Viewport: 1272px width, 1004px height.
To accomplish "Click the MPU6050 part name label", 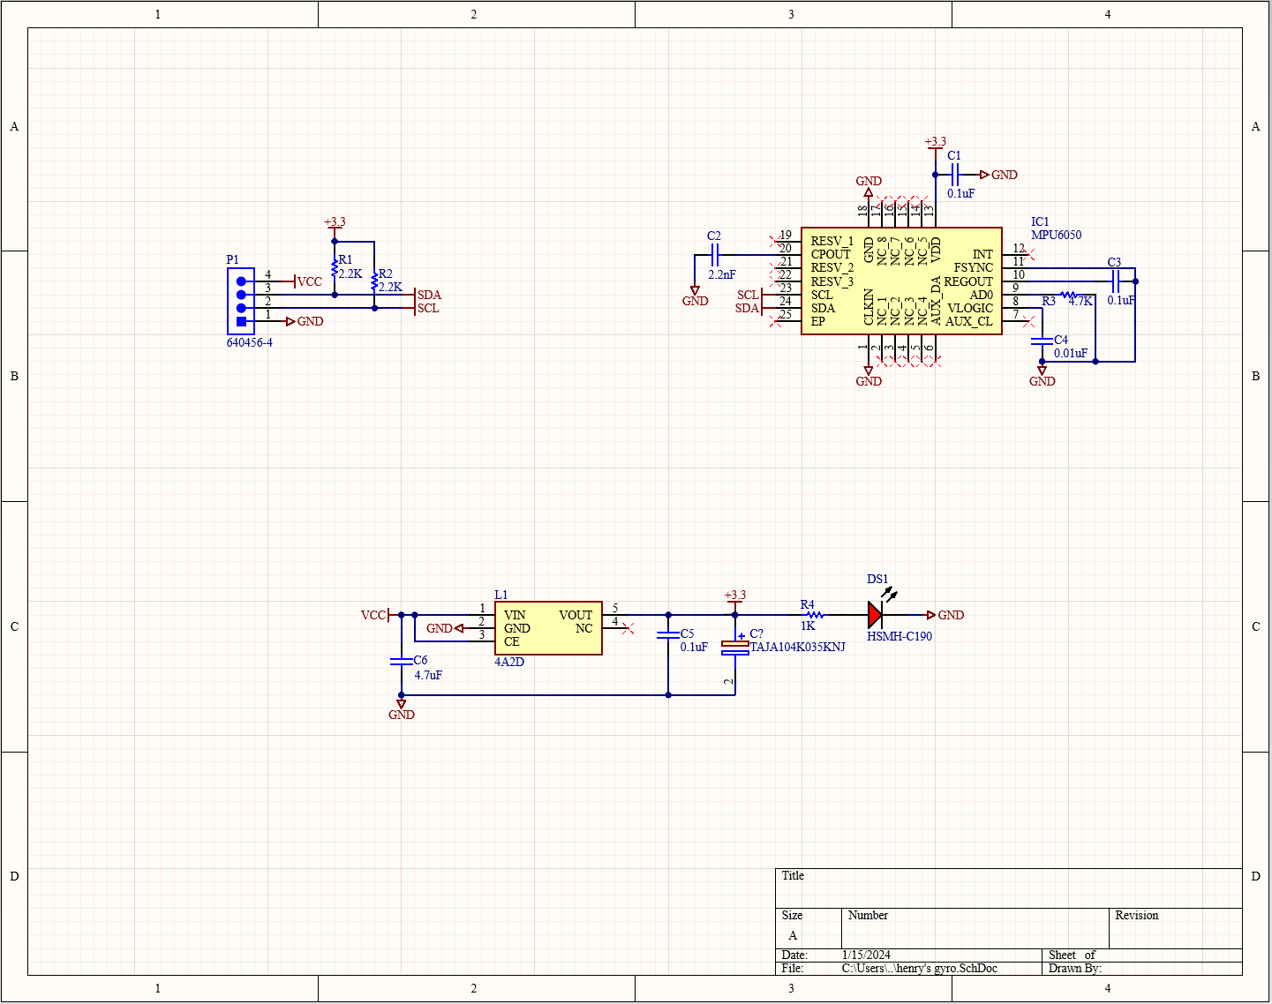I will pos(1056,236).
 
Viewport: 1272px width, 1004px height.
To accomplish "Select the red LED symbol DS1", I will pos(875,615).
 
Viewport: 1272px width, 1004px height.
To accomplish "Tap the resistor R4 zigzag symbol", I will pos(815,615).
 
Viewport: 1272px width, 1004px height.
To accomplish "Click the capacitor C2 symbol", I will pos(716,255).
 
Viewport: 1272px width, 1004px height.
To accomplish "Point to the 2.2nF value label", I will pos(722,275).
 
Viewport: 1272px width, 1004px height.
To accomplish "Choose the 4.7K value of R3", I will pos(1080,302).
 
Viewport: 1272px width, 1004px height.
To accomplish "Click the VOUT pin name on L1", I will pos(576,615).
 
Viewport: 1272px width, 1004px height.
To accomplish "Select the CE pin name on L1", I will pos(512,641).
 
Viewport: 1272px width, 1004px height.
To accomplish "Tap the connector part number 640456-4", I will pos(250,343).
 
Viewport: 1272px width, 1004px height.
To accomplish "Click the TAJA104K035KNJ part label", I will pos(797,648).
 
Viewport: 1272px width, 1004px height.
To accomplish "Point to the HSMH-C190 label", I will pos(899,637).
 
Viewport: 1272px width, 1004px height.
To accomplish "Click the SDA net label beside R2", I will pos(429,296).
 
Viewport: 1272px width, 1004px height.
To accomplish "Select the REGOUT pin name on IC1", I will pos(968,281).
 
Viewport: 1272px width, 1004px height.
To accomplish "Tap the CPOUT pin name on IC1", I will pos(831,255).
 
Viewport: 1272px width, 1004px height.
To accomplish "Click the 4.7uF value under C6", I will pos(428,676).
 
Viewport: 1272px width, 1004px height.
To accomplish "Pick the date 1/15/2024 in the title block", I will pos(866,955).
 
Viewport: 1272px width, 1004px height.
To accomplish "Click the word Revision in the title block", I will pos(1136,916).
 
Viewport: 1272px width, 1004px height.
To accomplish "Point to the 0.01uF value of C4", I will pos(1071,354).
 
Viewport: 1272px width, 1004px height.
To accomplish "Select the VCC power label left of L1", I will pos(373,615).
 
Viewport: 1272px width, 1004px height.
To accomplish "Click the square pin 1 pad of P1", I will pos(241,322).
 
